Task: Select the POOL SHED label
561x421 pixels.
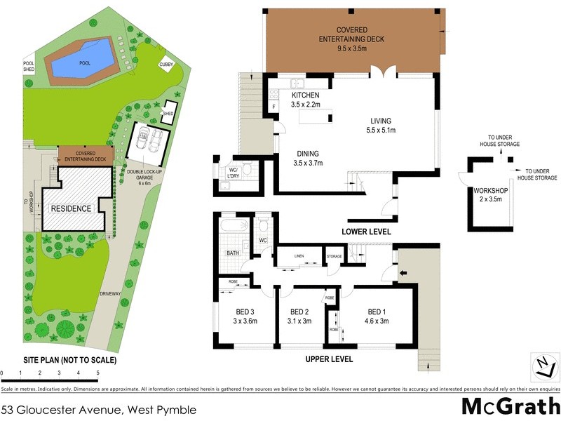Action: [29, 66]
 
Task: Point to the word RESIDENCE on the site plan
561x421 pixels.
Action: [70, 208]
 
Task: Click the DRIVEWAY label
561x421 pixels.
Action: [111, 293]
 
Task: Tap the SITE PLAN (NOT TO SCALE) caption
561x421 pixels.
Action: [59, 360]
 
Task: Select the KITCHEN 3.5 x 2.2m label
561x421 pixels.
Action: [305, 100]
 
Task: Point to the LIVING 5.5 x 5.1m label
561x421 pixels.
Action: [381, 125]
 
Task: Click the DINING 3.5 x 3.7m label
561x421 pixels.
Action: [308, 158]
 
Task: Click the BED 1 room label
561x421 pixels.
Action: [377, 316]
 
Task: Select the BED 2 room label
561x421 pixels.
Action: [299, 316]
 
